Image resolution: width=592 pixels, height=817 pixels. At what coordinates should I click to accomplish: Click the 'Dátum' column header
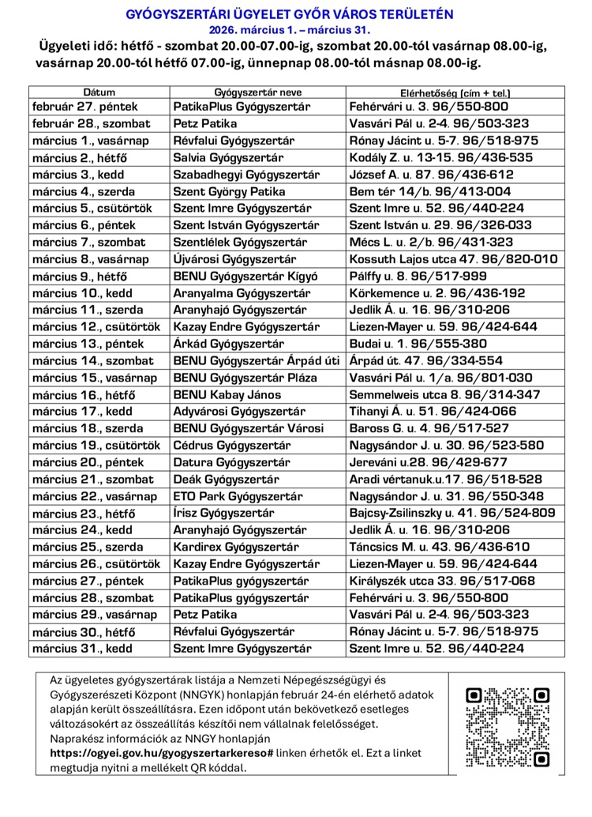pos(99,92)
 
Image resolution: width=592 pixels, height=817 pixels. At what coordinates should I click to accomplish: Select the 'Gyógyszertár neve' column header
pos(257,92)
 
